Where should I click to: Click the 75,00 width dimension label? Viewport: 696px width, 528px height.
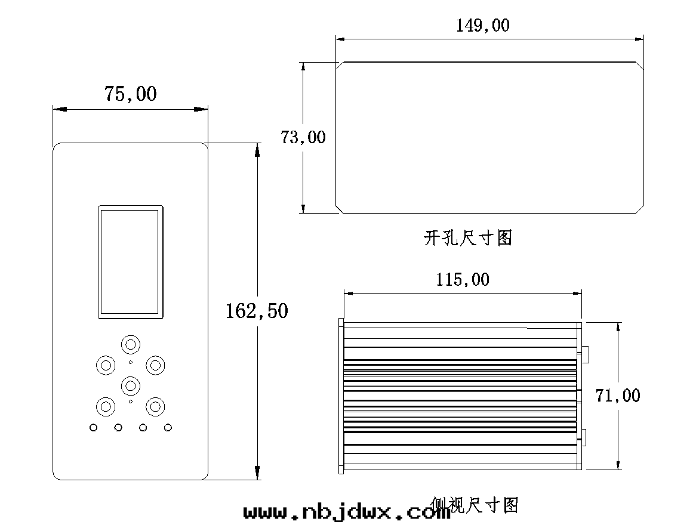[x=130, y=94]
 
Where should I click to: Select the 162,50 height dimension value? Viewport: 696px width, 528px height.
[x=257, y=311]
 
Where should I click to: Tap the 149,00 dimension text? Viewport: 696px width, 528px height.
[x=483, y=26]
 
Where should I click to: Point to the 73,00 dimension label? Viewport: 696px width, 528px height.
[x=303, y=137]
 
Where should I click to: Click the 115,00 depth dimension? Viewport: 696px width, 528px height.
[x=462, y=279]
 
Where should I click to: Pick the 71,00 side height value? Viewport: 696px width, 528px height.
[x=618, y=395]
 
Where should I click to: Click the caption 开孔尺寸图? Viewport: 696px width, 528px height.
[x=468, y=239]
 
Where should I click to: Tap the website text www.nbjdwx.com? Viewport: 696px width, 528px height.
[x=347, y=512]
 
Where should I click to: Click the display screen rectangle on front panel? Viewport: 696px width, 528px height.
[x=131, y=262]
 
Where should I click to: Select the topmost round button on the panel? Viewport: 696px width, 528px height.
[x=131, y=344]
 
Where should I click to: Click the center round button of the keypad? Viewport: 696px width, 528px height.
[x=131, y=385]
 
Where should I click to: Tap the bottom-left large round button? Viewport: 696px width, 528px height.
[x=106, y=407]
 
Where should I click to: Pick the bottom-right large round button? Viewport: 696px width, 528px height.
[x=155, y=407]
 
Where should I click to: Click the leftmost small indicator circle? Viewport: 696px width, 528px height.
[x=93, y=427]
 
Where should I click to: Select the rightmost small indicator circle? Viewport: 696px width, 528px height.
[x=168, y=427]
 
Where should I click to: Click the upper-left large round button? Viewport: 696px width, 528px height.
[x=106, y=365]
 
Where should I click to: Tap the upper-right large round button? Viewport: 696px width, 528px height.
[x=155, y=365]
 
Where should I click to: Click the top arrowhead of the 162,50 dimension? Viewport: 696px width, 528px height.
[x=257, y=149]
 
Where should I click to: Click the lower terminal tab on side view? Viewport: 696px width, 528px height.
[x=586, y=437]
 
